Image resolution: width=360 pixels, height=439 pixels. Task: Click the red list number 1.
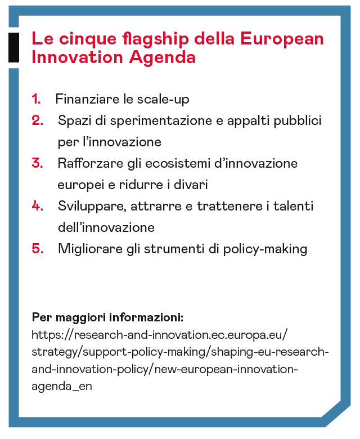tap(36, 100)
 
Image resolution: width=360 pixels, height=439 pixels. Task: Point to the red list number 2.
tap(37, 120)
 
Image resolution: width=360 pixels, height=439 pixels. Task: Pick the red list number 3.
tap(37, 163)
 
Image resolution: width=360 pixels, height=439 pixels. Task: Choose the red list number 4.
tap(37, 206)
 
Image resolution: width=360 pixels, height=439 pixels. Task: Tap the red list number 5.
tap(37, 249)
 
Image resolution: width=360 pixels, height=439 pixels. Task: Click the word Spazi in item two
tap(73, 120)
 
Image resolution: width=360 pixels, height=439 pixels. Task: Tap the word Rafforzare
tap(89, 163)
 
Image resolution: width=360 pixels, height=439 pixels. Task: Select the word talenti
tap(294, 206)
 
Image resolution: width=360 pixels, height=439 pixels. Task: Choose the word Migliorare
tap(89, 249)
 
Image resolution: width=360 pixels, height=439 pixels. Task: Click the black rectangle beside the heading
tap(13, 47)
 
